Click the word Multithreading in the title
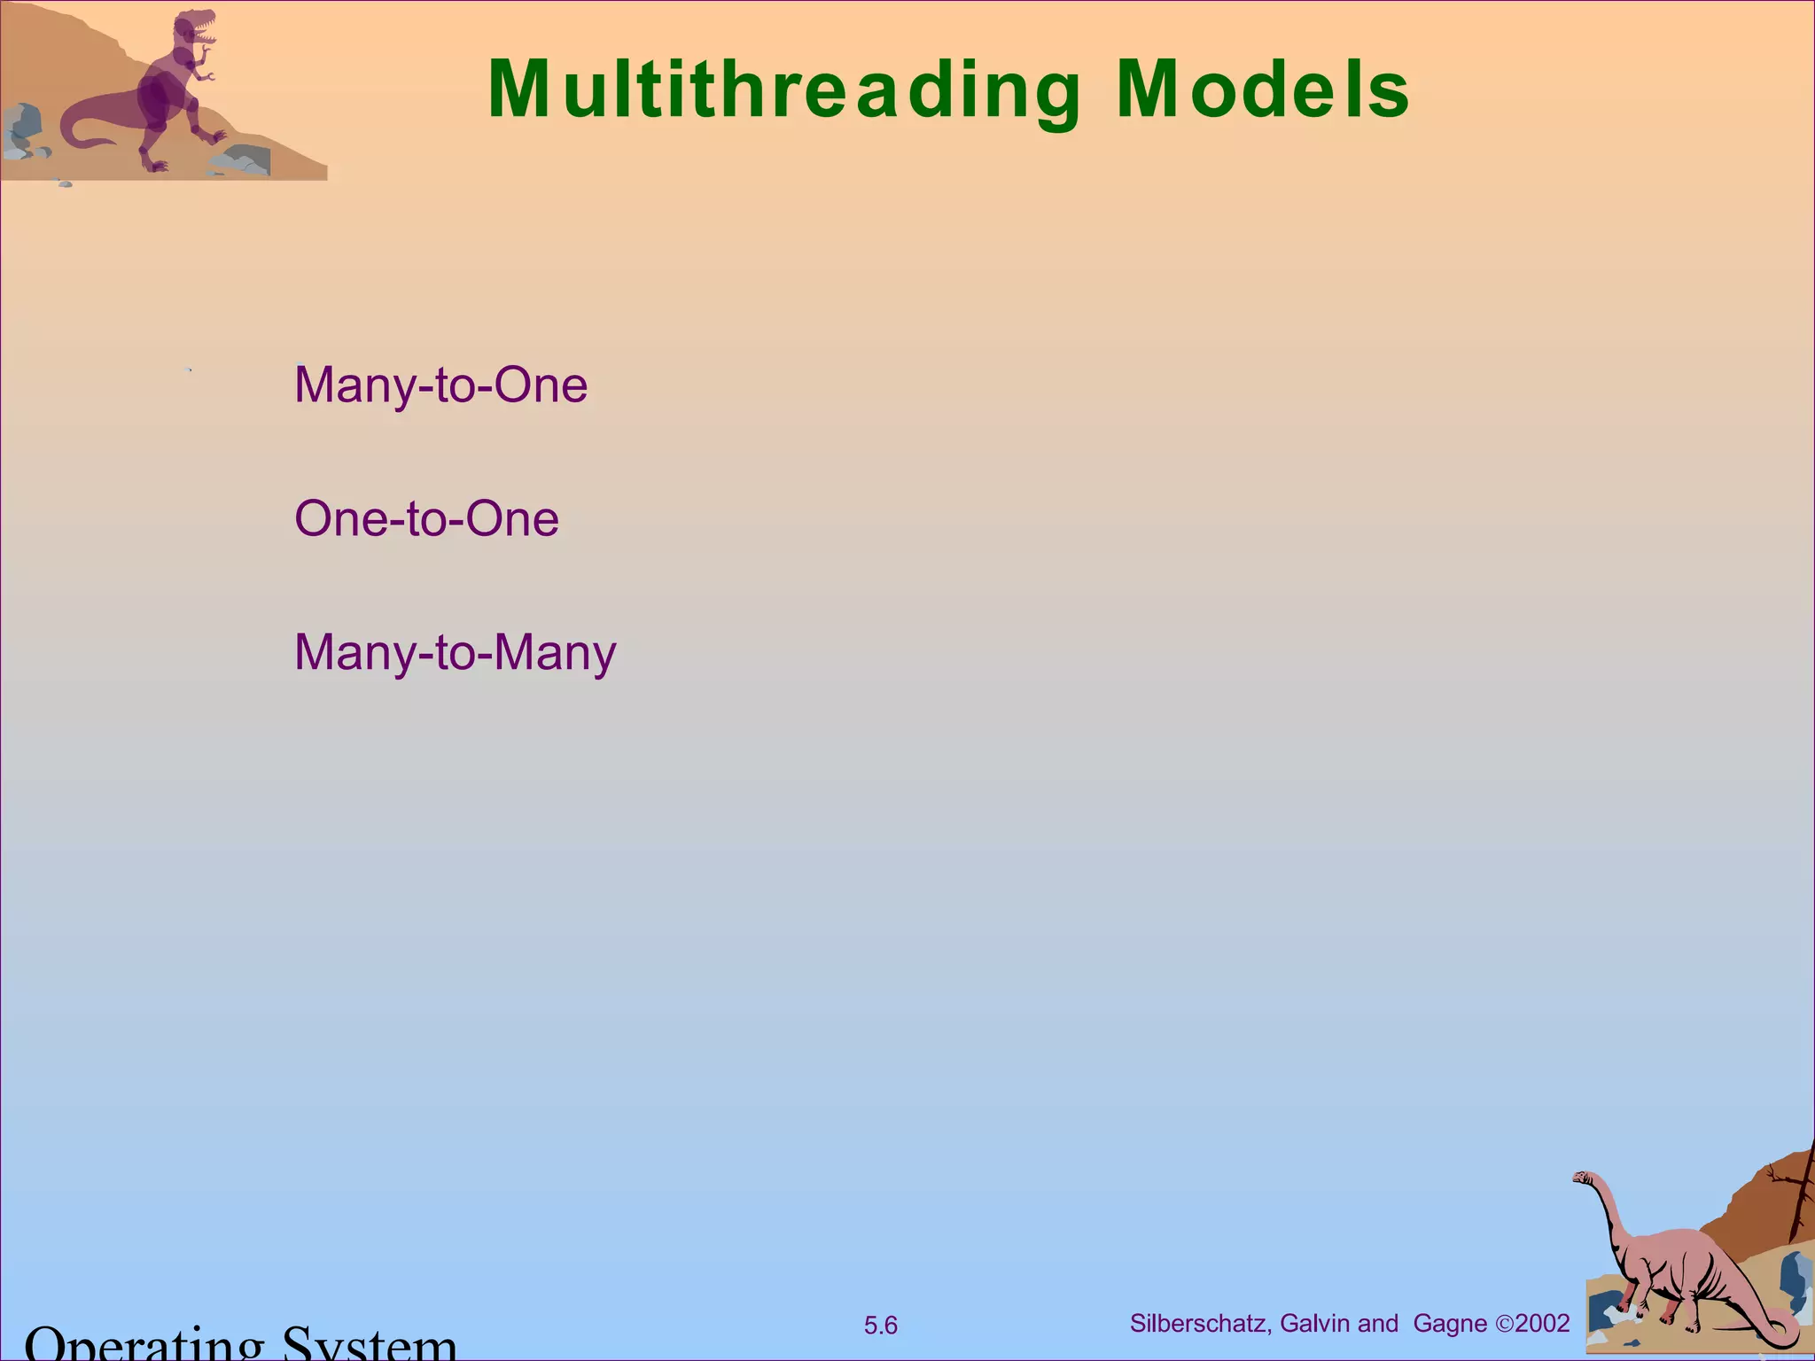[784, 90]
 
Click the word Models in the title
[1263, 90]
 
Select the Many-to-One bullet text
[440, 385]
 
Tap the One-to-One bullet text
[426, 519]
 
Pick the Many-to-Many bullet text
[455, 653]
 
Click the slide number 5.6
[880, 1326]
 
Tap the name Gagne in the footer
[1450, 1323]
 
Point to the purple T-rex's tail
[80, 133]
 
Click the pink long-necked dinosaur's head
[1583, 1178]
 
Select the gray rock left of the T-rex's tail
[21, 124]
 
